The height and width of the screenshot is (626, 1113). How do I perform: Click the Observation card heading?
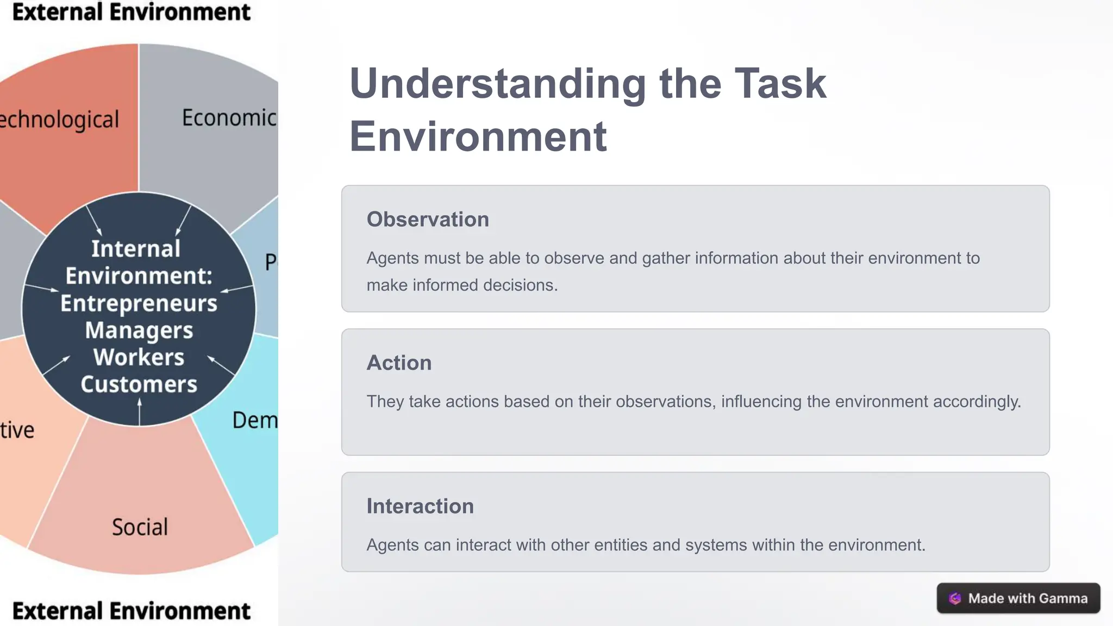click(x=428, y=220)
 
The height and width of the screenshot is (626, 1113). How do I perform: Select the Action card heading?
click(x=399, y=363)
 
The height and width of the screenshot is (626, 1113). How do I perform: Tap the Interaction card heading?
click(x=420, y=506)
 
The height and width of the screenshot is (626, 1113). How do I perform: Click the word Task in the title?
click(x=780, y=84)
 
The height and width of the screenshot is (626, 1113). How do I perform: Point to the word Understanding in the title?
click(x=497, y=84)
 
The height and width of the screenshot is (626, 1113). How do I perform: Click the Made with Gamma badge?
click(x=1018, y=598)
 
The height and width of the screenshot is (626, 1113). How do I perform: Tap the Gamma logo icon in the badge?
click(x=955, y=598)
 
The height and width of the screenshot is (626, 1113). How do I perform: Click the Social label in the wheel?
click(x=140, y=527)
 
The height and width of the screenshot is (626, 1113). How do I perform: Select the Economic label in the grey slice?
click(x=229, y=118)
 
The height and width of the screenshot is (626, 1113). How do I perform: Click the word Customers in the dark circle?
click(x=139, y=385)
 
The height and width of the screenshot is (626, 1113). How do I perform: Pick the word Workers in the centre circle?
click(x=139, y=358)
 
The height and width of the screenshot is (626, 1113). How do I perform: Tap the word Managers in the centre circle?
click(x=139, y=330)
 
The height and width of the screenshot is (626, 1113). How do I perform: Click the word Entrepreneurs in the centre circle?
click(x=139, y=303)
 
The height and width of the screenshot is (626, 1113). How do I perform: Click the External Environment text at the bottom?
click(x=131, y=611)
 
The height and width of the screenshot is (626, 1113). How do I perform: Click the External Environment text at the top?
click(x=131, y=12)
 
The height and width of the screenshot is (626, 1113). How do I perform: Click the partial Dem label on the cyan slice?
click(x=254, y=420)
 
